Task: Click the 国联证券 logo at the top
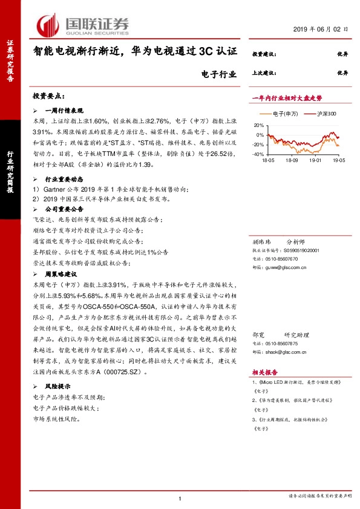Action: point(85,25)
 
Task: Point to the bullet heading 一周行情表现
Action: point(66,111)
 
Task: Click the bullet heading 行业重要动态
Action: point(66,180)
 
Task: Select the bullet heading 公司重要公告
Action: point(66,209)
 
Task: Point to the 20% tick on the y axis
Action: point(259,125)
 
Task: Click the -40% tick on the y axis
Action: point(258,155)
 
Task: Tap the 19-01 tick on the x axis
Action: point(315,161)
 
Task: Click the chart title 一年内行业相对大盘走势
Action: point(286,97)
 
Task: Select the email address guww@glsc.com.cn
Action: point(290,265)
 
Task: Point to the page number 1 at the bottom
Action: point(180,498)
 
